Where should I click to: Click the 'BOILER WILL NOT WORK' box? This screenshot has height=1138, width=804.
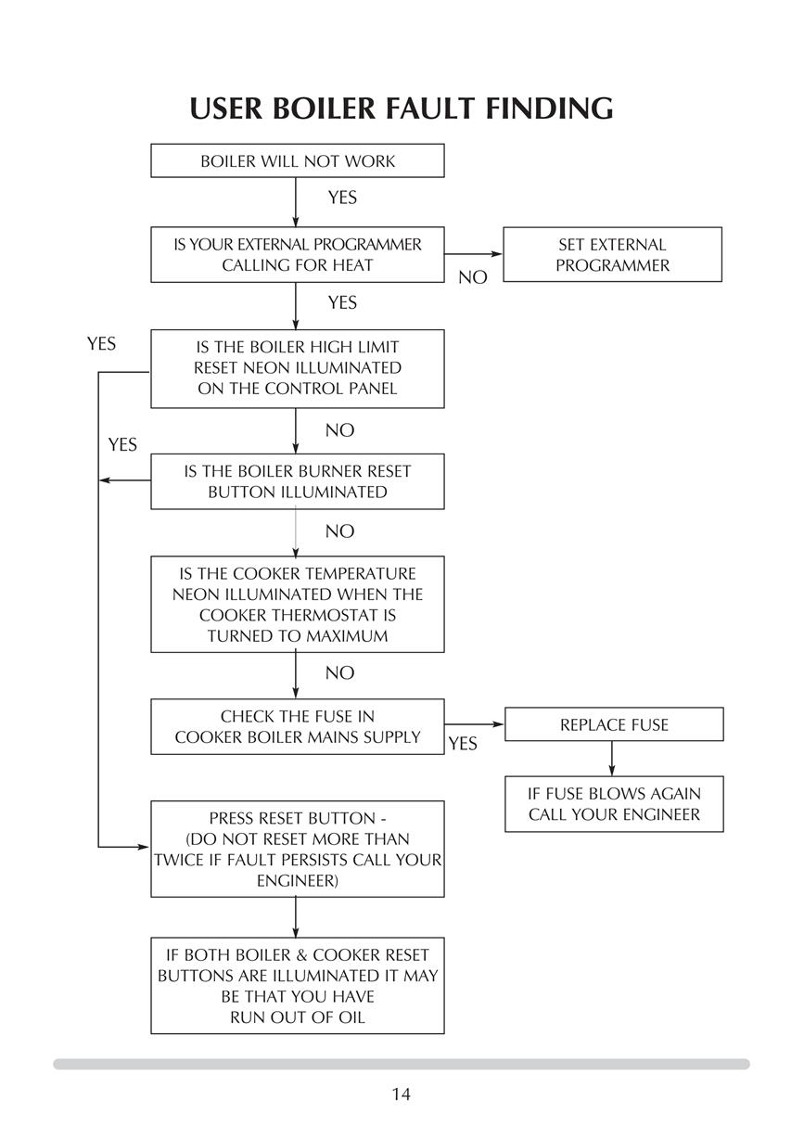click(297, 160)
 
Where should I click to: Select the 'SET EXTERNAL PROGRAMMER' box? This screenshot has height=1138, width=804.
click(612, 254)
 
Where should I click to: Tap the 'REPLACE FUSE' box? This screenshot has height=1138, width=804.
click(614, 724)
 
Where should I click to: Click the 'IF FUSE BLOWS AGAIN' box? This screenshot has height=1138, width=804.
click(614, 804)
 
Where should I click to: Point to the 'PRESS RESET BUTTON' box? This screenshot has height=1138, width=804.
click(297, 849)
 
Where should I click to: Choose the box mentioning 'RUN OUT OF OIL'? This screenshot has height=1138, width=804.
click(297, 986)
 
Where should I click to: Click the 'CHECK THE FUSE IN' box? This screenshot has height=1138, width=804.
click(297, 726)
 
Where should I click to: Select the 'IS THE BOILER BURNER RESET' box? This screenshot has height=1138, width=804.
click(297, 481)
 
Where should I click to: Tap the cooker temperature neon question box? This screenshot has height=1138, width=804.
click(297, 605)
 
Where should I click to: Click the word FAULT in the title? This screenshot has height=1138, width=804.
click(430, 109)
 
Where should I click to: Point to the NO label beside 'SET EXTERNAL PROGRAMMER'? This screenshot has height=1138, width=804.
click(472, 277)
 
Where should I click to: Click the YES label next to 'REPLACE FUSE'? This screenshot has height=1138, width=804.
click(463, 744)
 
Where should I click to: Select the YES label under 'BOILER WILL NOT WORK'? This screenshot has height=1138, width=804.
click(342, 198)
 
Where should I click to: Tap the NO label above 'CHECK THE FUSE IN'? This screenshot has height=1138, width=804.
click(339, 673)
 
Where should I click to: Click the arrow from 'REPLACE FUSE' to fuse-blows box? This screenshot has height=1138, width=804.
click(611, 759)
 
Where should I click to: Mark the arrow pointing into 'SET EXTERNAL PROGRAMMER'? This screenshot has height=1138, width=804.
click(473, 253)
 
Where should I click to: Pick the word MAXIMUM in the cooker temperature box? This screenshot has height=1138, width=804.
click(348, 636)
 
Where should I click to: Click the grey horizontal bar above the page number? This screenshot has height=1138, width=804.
click(402, 1064)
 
